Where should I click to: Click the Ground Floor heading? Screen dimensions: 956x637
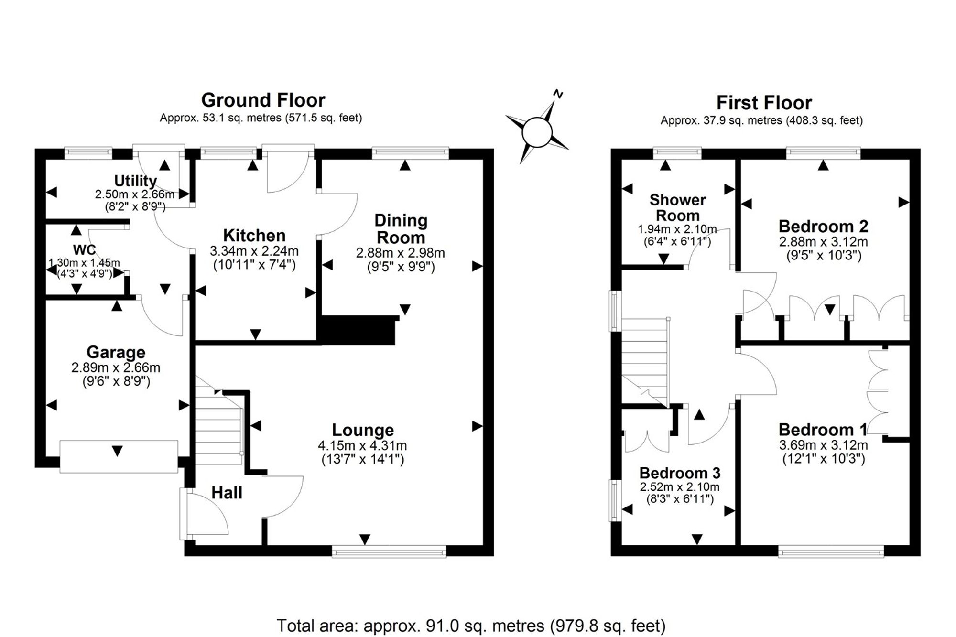click(263, 100)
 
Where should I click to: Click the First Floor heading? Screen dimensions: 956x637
click(764, 103)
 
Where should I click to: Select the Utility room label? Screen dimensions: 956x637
click(135, 181)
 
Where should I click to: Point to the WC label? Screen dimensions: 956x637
click(84, 249)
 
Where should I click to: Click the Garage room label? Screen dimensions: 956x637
click(116, 352)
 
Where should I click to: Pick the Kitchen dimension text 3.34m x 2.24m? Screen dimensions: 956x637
click(254, 250)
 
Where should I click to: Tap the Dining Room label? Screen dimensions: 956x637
click(401, 228)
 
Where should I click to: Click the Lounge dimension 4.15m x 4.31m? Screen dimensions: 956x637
click(362, 446)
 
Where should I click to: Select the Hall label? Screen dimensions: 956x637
click(227, 492)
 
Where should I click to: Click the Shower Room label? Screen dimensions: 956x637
click(677, 207)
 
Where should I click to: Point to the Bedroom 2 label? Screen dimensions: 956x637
click(823, 226)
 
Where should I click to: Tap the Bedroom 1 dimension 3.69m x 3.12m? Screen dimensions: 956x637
click(823, 445)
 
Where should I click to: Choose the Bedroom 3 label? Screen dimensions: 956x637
click(680, 473)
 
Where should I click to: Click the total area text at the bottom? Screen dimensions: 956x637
click(471, 625)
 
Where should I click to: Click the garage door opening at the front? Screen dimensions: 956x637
click(119, 457)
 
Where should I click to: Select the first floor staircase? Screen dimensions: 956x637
click(645, 363)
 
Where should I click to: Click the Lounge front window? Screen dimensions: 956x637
click(389, 552)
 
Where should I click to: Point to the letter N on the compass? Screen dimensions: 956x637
click(558, 94)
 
